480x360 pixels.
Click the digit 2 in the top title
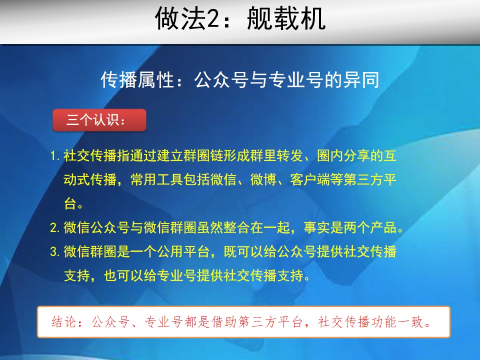point(213,19)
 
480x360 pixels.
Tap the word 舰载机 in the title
point(286,19)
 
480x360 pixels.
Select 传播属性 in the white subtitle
point(138,80)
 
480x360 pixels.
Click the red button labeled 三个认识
point(99,119)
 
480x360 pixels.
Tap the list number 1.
point(54,156)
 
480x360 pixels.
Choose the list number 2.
point(54,228)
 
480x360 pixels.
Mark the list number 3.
point(54,251)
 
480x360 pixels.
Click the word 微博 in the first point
point(263,179)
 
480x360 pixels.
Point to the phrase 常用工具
point(156,179)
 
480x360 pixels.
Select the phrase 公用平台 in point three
point(183,251)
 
